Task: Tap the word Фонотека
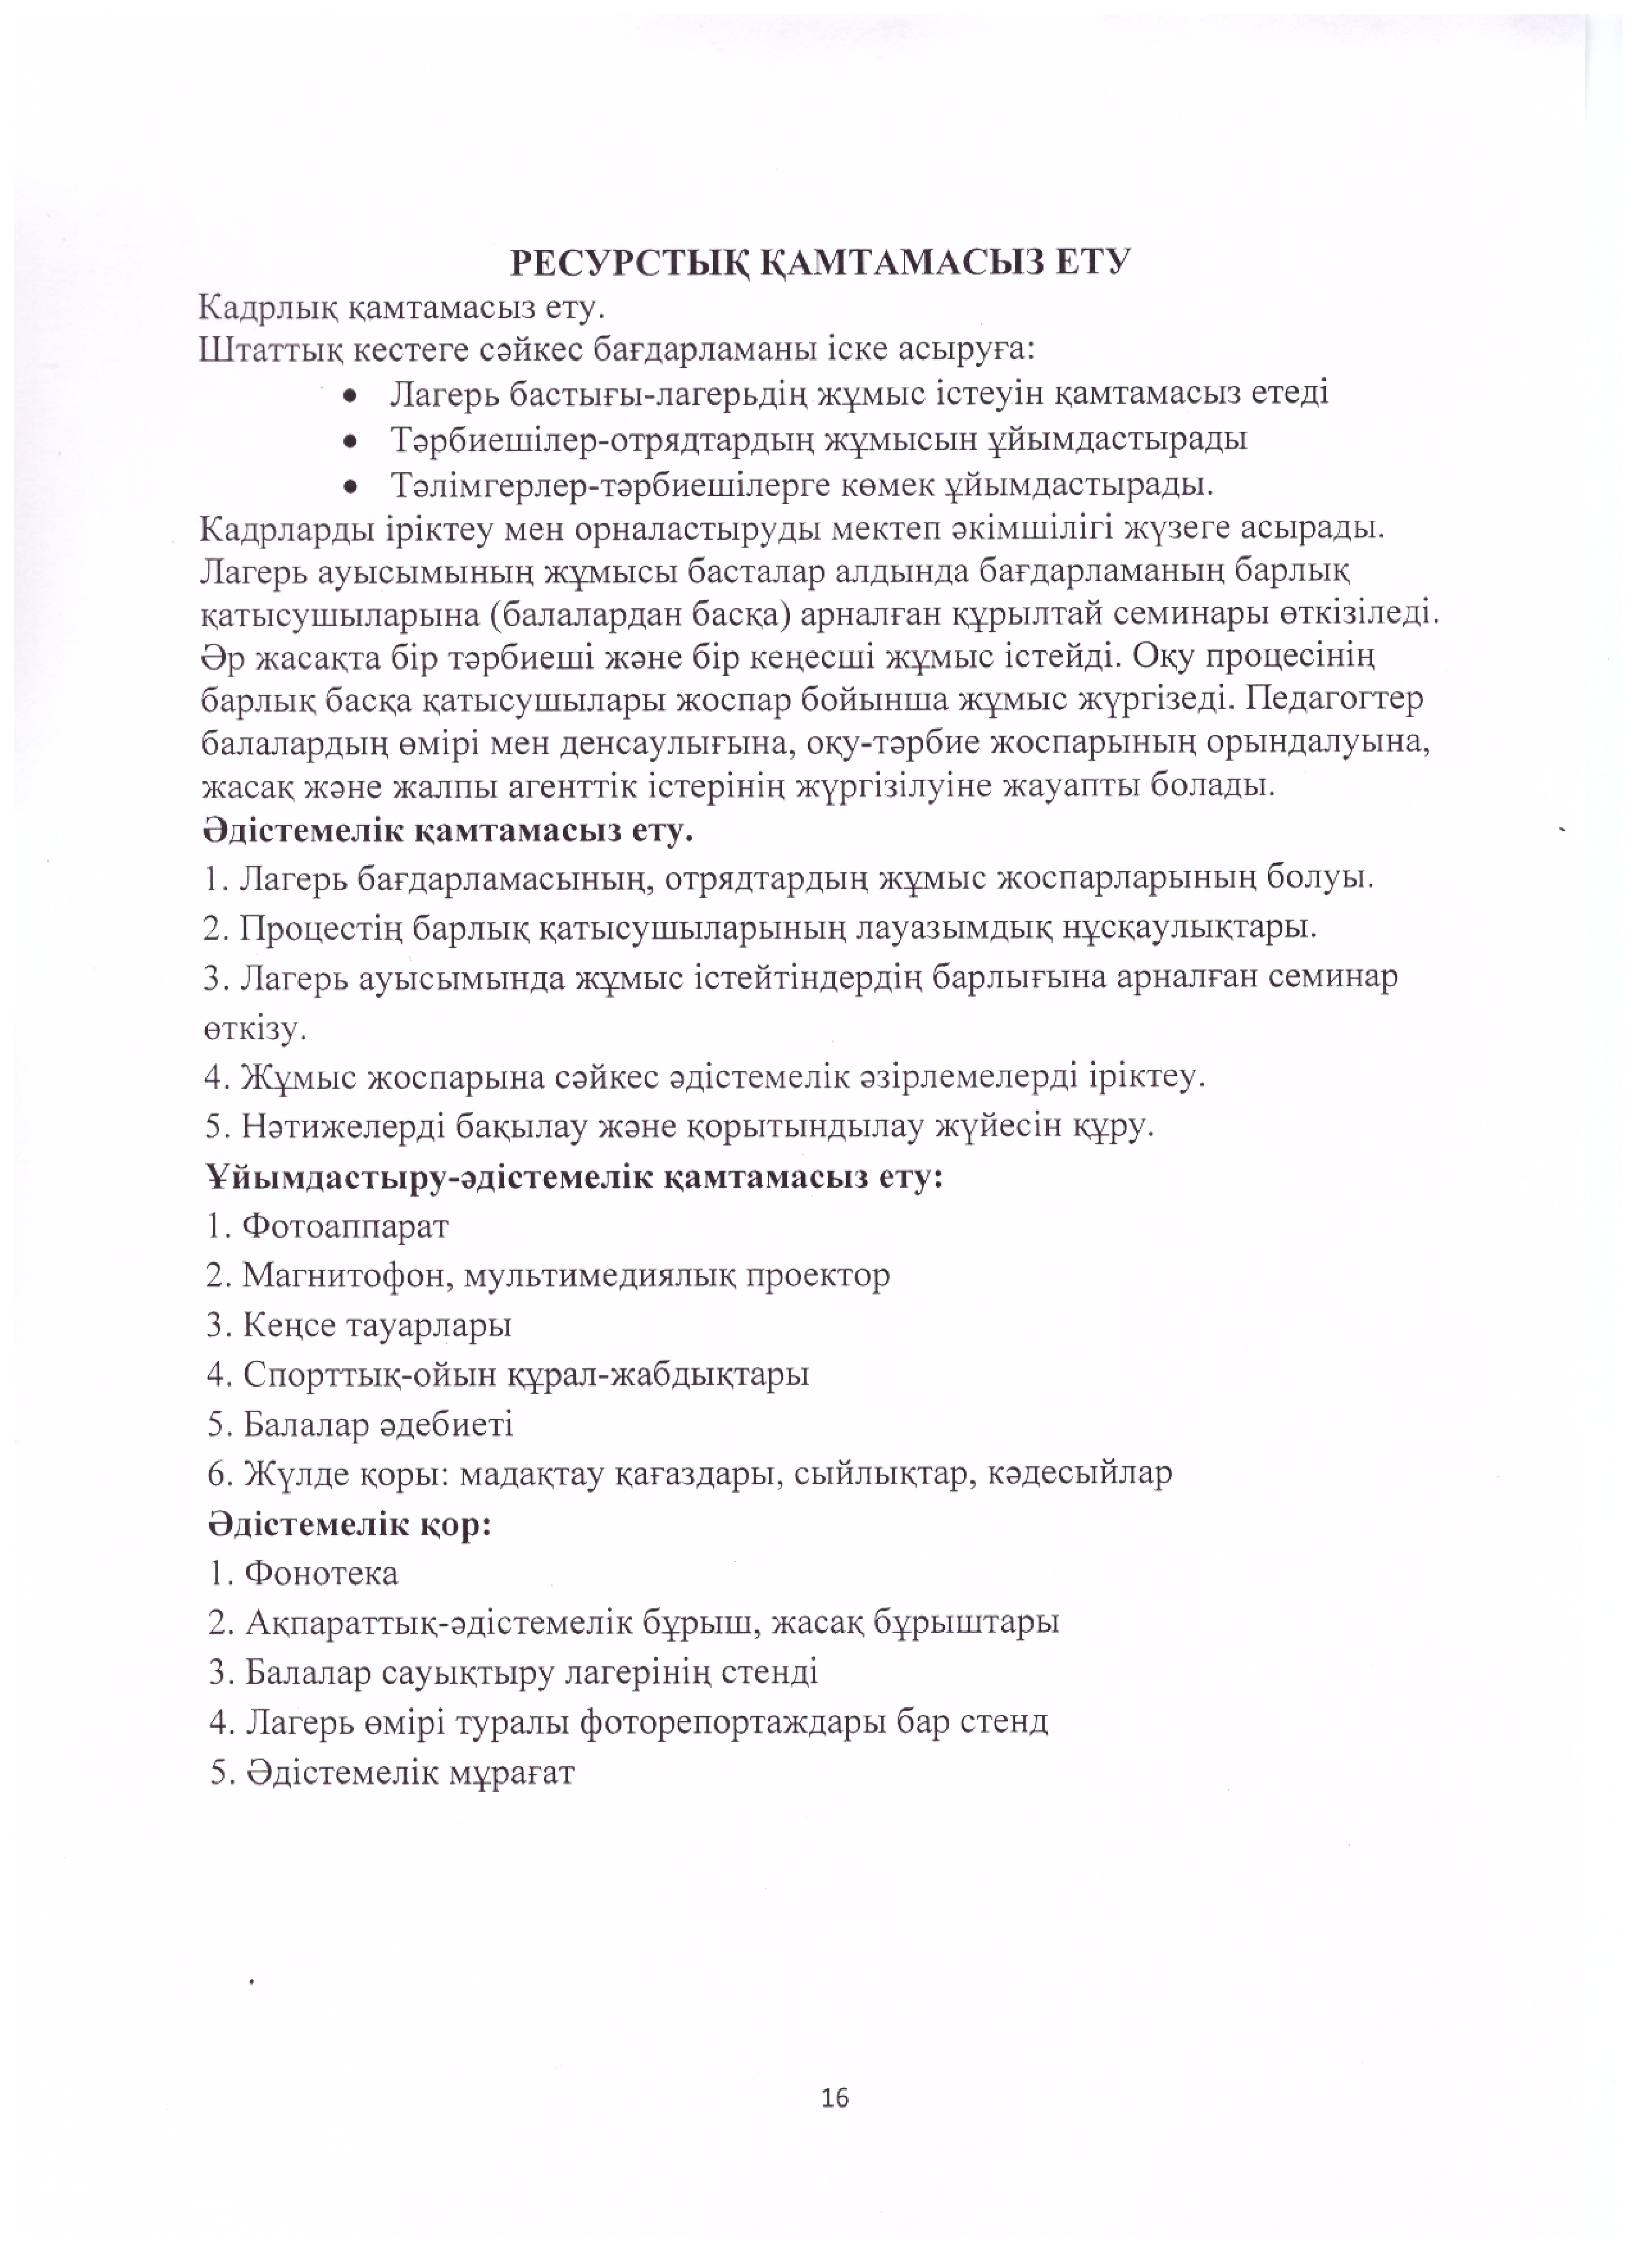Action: pos(321,1573)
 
